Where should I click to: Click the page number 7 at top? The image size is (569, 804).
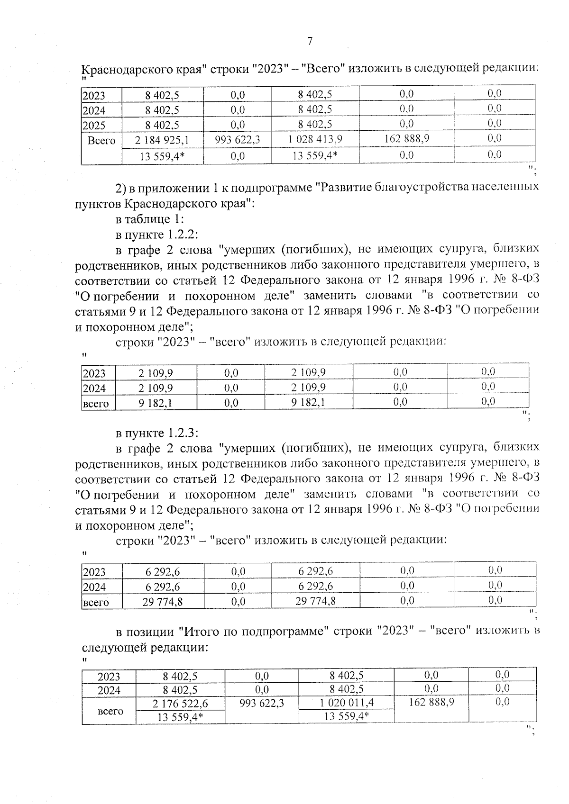click(x=310, y=41)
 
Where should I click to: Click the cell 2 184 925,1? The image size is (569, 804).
click(x=162, y=140)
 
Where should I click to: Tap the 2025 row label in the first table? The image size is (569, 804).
click(x=94, y=126)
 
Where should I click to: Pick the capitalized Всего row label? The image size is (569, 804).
click(x=101, y=141)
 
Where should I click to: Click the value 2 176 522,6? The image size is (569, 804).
click(x=180, y=704)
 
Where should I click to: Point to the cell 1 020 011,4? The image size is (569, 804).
click(x=346, y=703)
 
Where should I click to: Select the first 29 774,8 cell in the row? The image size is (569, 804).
click(x=163, y=602)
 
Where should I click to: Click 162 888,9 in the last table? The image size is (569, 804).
click(x=431, y=702)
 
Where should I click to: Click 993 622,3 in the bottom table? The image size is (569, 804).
click(x=261, y=703)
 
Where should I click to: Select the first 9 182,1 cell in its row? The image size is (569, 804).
click(x=156, y=403)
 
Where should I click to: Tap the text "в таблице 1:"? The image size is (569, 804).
click(x=150, y=219)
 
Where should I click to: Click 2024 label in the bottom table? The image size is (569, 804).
click(x=109, y=691)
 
